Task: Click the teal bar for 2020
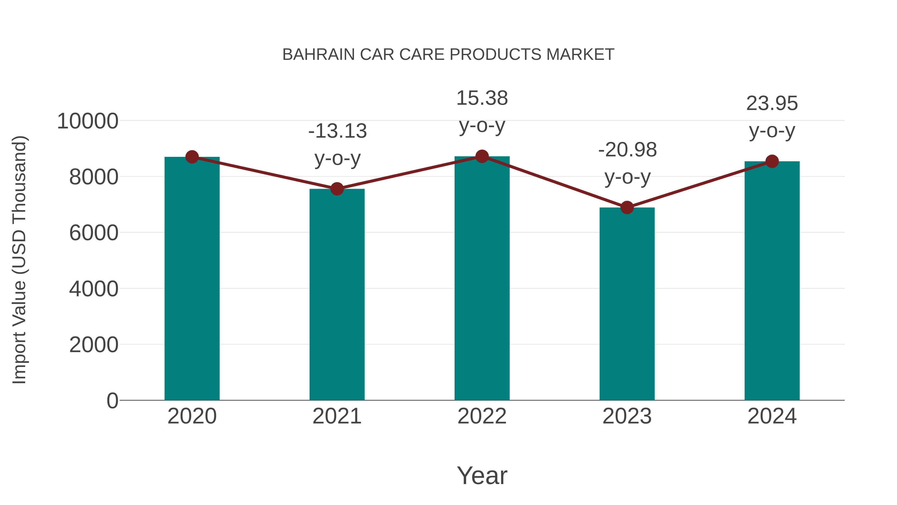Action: (x=192, y=279)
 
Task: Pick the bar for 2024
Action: (x=772, y=281)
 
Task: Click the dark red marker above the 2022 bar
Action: (x=482, y=156)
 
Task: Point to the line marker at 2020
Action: (x=192, y=157)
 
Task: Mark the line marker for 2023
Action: (x=627, y=208)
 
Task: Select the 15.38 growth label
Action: (x=482, y=98)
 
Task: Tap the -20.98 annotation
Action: (x=627, y=150)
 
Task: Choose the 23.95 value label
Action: (x=772, y=104)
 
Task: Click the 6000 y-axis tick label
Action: (x=94, y=233)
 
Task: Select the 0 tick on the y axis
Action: (x=112, y=401)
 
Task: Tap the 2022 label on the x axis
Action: (x=482, y=416)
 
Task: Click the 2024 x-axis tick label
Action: (x=772, y=416)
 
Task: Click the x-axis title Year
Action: (x=482, y=475)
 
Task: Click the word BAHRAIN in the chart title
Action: (x=319, y=55)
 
